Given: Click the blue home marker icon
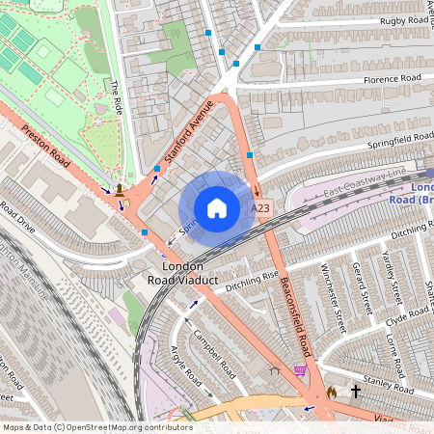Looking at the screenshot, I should click(x=217, y=208).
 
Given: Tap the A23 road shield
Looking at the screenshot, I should click(x=259, y=208).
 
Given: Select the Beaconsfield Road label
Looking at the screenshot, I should click(x=294, y=317).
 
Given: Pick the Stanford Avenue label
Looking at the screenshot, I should click(x=185, y=125).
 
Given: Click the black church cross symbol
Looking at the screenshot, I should click(x=355, y=392).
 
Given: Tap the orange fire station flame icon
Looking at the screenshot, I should click(x=332, y=392).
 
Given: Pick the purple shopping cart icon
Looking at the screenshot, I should click(x=300, y=369).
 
